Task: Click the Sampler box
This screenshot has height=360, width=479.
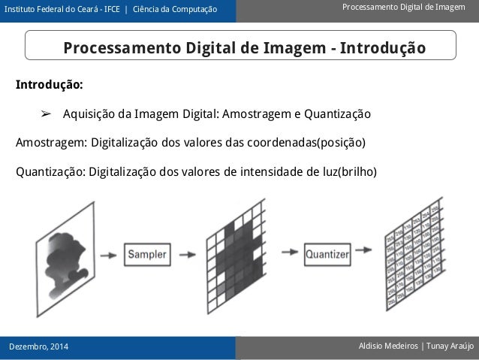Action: (147, 254)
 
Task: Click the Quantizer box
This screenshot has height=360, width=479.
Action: (327, 254)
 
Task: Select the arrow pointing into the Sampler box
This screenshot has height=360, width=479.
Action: (109, 254)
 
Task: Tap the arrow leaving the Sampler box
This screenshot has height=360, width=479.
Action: (185, 254)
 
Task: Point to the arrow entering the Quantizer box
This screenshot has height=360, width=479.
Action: (289, 254)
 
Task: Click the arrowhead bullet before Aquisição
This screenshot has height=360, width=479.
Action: (46, 114)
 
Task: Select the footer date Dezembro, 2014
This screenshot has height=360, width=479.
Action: (37, 346)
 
